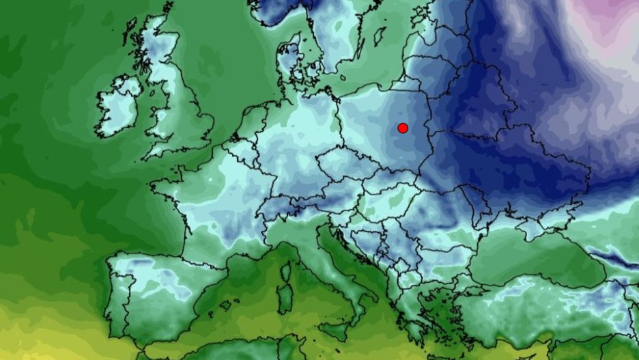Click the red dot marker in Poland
[x=403, y=128]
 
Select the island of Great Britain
[x=179, y=102]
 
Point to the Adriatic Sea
[x=355, y=253]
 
